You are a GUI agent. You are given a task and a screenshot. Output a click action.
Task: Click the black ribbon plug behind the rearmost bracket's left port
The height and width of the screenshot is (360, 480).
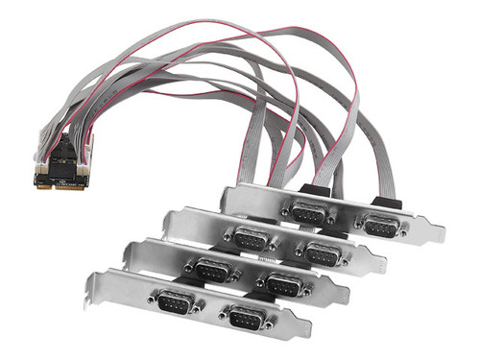click(318, 190)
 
